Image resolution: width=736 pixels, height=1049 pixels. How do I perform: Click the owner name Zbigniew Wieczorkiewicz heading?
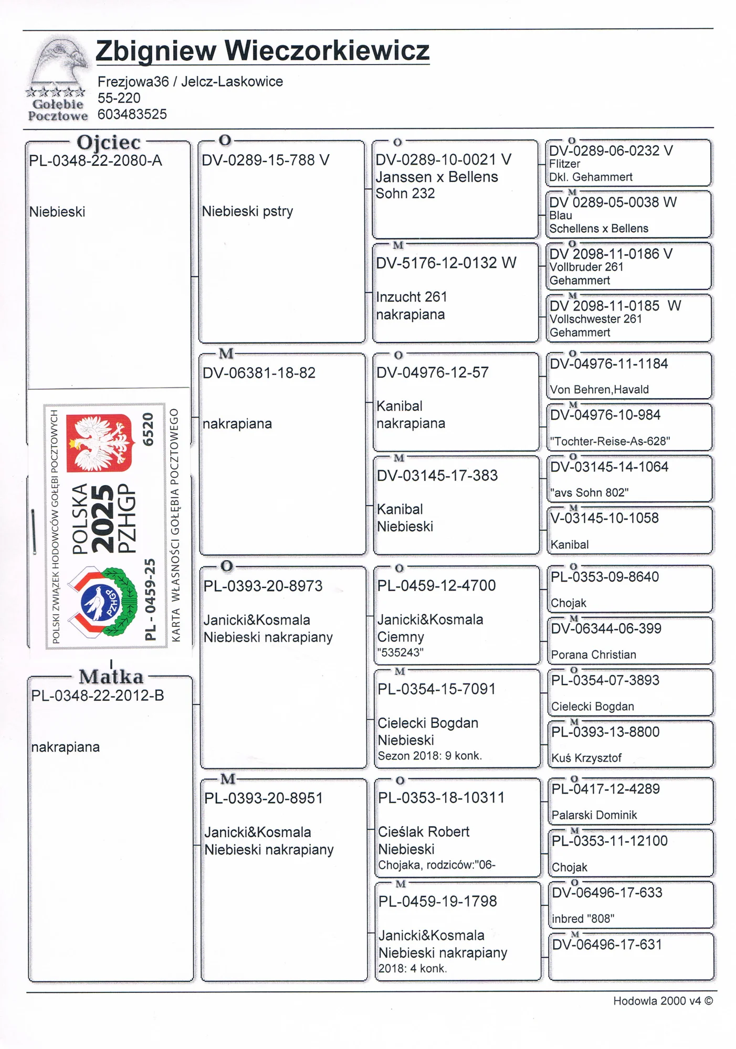click(262, 51)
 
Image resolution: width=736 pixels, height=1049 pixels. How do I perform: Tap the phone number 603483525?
click(132, 114)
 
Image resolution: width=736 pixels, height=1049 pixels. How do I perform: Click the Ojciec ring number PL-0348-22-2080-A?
click(96, 161)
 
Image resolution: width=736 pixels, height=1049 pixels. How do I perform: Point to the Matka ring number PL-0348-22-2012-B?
click(98, 696)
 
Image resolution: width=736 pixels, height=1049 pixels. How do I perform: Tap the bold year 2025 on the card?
click(103, 518)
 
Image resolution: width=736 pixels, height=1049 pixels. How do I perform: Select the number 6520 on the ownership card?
click(149, 429)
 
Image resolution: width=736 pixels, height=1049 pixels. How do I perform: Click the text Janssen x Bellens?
click(437, 177)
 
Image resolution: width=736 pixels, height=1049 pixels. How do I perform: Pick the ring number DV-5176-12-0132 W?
click(446, 263)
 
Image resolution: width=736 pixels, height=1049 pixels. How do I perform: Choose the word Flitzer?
click(565, 164)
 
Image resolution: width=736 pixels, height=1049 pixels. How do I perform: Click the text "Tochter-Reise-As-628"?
click(610, 441)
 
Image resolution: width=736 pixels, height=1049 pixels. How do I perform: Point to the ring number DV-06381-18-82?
click(259, 373)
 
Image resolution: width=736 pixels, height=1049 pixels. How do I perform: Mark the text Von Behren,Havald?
click(600, 389)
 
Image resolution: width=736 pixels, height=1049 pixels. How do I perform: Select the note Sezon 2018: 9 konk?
click(429, 756)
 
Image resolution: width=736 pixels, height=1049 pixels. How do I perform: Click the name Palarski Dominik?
click(594, 815)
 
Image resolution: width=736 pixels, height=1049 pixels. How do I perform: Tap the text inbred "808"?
click(583, 919)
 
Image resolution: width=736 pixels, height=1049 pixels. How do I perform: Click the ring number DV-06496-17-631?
click(607, 945)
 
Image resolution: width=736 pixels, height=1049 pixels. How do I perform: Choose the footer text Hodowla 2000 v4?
click(657, 1001)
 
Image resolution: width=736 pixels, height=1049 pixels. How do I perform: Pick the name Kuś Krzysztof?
click(586, 758)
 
